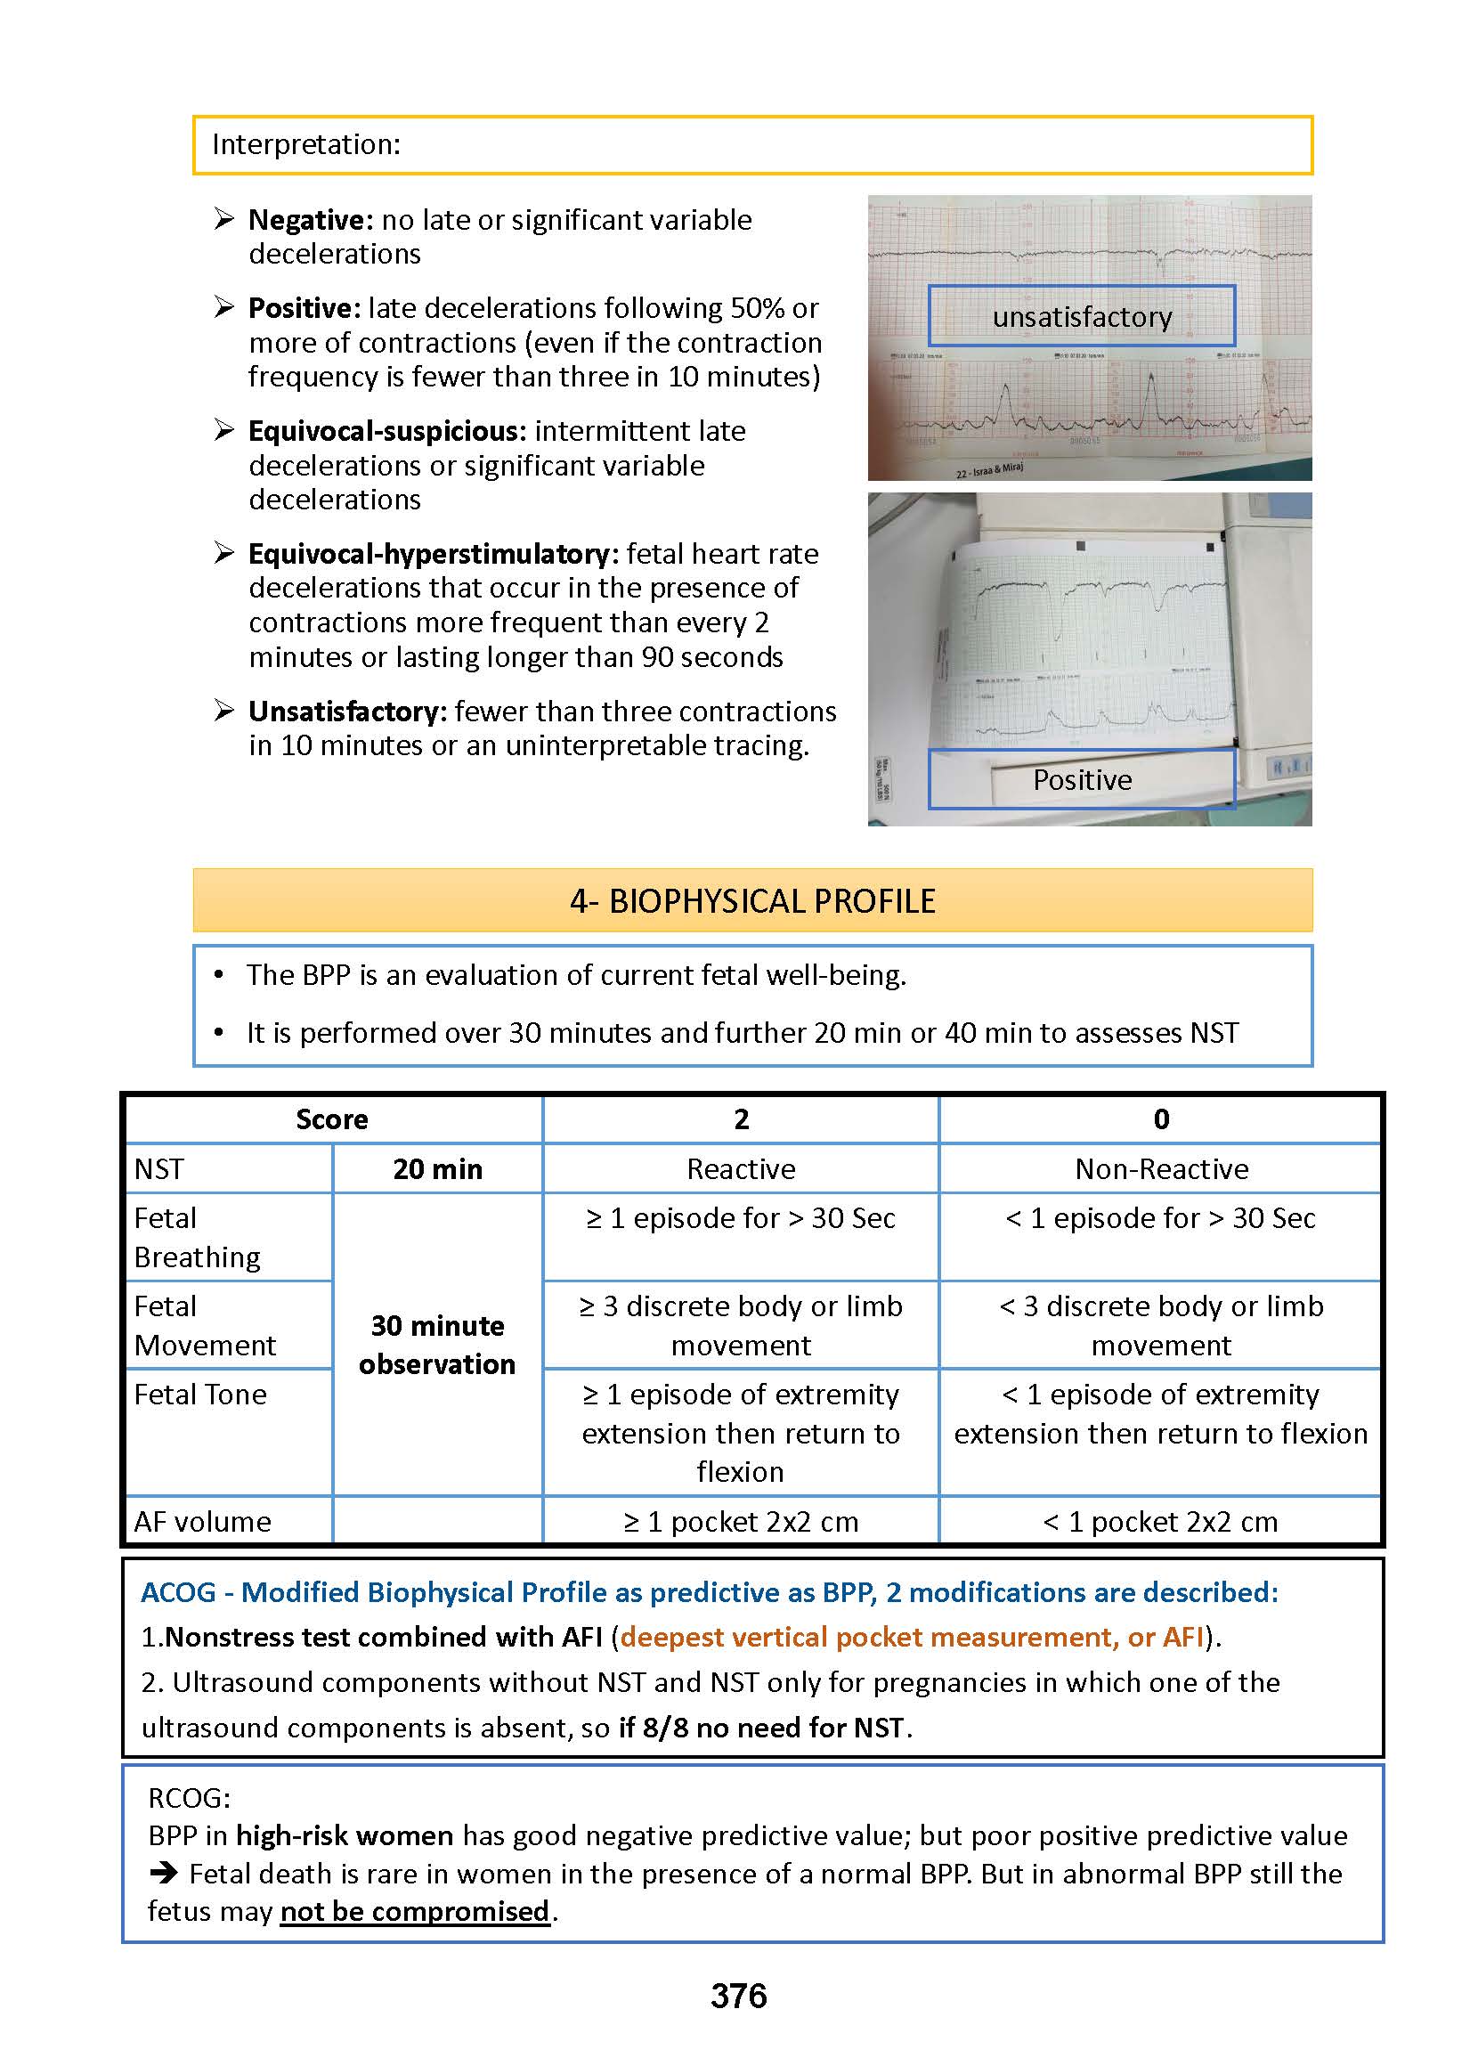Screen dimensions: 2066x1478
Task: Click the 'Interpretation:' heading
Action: [305, 145]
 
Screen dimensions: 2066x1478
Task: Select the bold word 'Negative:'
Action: [311, 220]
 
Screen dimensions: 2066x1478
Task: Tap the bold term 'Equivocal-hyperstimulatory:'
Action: [434, 554]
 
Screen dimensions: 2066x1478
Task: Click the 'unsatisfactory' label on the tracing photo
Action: [1081, 317]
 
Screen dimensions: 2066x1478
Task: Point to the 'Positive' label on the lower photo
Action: [1081, 780]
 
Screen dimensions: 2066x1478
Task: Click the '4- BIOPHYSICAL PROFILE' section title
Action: [751, 901]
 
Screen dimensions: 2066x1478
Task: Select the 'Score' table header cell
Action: [332, 1119]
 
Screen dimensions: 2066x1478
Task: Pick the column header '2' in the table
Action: [741, 1119]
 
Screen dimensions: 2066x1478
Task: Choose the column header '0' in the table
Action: [1160, 1119]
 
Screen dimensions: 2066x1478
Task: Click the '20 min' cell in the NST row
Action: [438, 1169]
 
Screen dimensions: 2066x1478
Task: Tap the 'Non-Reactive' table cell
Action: [1160, 1169]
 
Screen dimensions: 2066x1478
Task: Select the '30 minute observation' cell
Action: [438, 1346]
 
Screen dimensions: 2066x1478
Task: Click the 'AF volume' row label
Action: [203, 1522]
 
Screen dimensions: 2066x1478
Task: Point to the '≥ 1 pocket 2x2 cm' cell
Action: [741, 1522]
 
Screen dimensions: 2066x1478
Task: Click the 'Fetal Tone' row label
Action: [200, 1395]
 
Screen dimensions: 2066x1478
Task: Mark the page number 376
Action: [738, 1996]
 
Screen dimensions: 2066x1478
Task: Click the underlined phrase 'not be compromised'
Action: [414, 1910]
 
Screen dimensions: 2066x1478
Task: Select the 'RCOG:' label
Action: [190, 1798]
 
